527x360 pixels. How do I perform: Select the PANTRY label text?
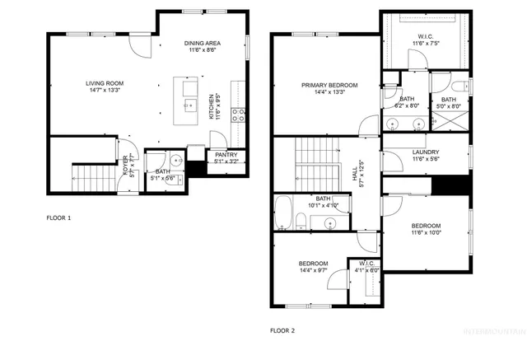(x=226, y=154)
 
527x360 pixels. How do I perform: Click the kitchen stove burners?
(x=238, y=115)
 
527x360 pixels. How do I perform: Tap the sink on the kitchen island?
(x=189, y=104)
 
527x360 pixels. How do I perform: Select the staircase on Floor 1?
(x=90, y=175)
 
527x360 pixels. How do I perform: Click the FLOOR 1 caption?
(x=58, y=218)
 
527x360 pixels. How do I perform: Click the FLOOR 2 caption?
(x=282, y=330)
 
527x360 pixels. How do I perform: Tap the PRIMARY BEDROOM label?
(x=329, y=85)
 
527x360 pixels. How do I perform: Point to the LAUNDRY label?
(x=426, y=152)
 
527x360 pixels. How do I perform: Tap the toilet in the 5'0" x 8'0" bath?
(x=459, y=85)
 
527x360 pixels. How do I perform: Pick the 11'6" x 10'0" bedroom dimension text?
(x=426, y=233)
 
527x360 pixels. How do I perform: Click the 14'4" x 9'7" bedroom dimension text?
(x=314, y=269)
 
